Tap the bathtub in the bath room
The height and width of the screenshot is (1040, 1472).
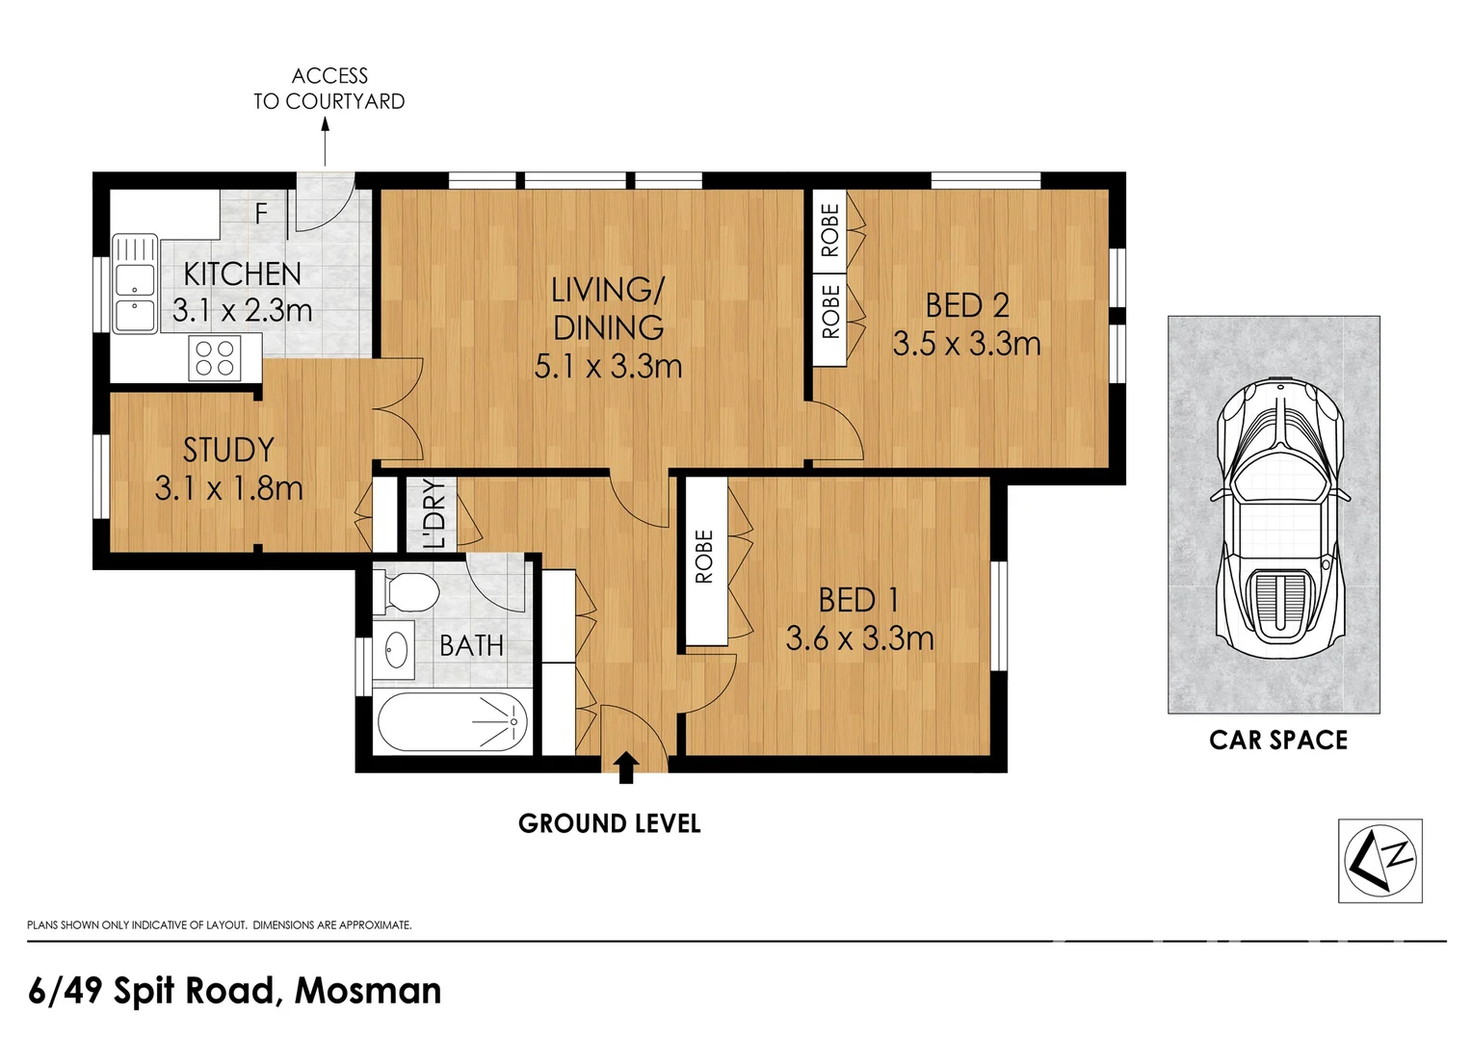pos(453,722)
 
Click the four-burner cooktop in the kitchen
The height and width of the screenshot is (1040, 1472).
pos(215,358)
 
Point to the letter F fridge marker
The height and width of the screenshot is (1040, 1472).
pos(261,213)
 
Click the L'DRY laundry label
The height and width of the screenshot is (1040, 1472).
pos(434,514)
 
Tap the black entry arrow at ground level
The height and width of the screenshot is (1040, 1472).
pos(626,767)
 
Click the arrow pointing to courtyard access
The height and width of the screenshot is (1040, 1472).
pos(325,142)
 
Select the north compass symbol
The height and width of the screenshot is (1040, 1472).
pos(1380,861)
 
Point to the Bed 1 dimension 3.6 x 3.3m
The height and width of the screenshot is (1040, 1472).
pos(859,638)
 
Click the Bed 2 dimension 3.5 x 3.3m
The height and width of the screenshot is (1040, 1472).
pos(966,344)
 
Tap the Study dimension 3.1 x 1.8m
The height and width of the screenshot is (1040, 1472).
pos(228,488)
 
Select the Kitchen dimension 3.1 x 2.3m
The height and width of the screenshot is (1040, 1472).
pos(242,309)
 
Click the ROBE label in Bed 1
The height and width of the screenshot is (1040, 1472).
pos(704,557)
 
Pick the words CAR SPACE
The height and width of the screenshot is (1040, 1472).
pos(1278,741)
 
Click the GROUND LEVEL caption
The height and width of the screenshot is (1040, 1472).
pos(609,824)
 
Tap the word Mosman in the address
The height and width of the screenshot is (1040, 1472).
pos(368,990)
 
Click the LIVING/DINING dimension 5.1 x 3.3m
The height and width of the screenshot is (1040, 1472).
pos(608,367)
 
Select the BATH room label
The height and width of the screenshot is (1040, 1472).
pos(471,646)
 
